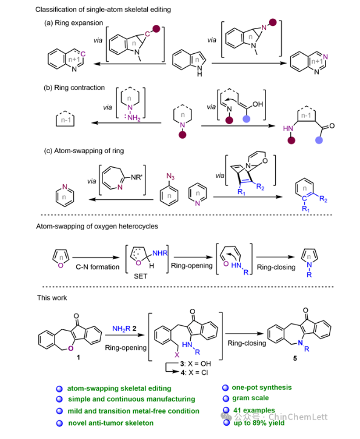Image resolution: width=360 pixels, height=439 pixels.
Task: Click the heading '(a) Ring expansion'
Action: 73,23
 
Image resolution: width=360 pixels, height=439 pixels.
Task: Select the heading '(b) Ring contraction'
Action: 74,88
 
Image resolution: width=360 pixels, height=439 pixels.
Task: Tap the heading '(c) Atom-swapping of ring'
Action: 84,151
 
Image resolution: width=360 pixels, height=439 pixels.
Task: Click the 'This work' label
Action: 52,298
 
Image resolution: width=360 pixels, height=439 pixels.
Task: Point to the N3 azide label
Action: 170,176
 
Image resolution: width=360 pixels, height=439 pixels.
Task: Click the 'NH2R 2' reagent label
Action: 124,328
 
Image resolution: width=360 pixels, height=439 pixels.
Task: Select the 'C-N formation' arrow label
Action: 98,267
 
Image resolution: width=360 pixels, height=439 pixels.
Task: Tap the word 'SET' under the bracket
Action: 141,276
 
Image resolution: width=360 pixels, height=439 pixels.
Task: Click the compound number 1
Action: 78,357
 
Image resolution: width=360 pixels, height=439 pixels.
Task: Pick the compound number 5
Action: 295,358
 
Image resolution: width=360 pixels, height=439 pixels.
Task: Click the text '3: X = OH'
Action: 196,364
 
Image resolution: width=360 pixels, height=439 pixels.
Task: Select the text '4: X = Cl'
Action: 195,372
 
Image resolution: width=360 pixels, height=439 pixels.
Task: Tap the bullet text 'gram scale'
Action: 250,398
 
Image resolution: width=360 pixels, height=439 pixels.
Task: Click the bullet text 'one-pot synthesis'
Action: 262,388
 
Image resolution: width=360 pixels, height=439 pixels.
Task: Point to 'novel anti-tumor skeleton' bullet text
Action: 111,423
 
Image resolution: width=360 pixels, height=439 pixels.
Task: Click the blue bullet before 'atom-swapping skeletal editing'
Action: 59,389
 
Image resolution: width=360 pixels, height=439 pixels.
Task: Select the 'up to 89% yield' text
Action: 259,423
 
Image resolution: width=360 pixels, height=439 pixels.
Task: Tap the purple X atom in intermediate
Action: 177,355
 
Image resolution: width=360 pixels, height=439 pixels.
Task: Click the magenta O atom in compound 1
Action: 70,348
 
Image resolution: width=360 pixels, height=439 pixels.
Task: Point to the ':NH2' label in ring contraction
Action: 132,117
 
